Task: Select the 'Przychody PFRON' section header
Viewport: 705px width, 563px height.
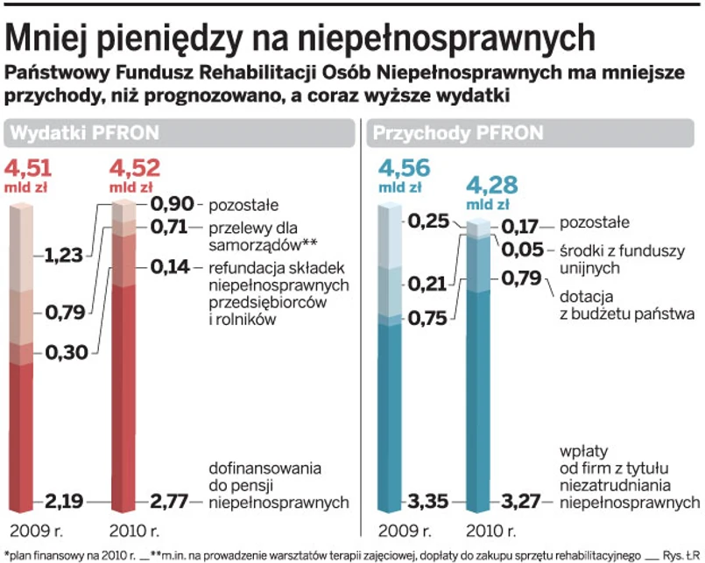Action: (x=458, y=133)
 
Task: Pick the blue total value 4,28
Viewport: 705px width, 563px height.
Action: (x=492, y=185)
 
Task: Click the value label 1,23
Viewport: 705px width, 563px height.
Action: (x=65, y=256)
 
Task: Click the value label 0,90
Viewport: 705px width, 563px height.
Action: (x=171, y=205)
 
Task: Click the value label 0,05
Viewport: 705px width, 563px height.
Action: (x=524, y=250)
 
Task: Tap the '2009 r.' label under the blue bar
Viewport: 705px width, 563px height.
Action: (x=404, y=531)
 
